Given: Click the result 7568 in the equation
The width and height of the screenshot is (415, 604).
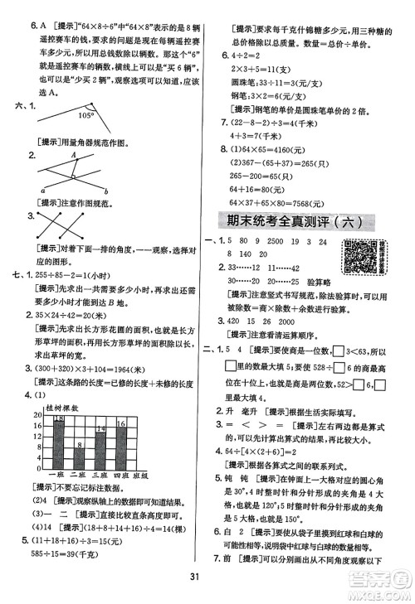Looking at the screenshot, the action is point(316,194).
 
